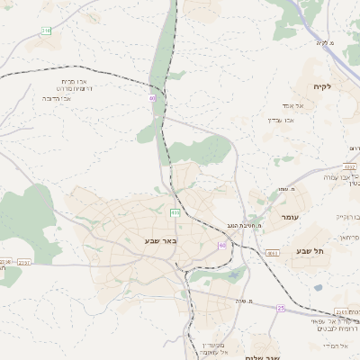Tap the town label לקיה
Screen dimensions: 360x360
(323, 86)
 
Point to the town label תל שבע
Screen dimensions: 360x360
(309, 251)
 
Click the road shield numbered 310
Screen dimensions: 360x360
(46, 31)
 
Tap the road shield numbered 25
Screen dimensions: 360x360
(281, 309)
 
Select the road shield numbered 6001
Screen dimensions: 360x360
(272, 255)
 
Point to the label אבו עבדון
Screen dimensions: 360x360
(282, 120)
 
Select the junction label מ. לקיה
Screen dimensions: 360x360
(325, 42)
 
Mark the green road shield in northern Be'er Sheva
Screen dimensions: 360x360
(175, 212)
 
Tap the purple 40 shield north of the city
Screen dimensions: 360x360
(152, 98)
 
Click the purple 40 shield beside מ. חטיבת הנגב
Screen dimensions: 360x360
(221, 245)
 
